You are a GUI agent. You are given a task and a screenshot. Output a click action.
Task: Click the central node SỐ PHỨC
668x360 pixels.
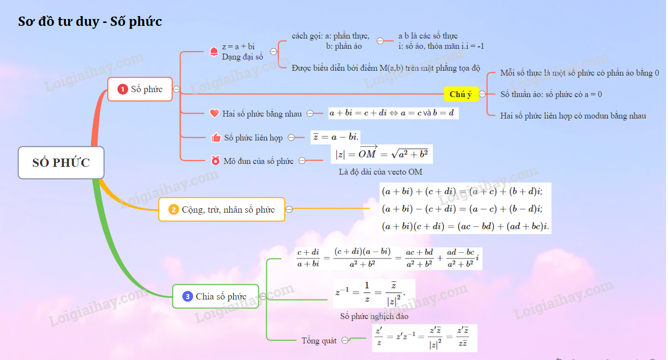61,162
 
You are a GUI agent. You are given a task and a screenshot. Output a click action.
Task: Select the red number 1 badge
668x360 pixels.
122,89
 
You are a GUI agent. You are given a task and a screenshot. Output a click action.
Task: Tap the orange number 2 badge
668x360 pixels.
174,210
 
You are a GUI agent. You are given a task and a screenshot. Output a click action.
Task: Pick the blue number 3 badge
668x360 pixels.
188,296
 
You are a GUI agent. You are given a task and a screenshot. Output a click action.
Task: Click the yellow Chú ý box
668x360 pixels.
461,94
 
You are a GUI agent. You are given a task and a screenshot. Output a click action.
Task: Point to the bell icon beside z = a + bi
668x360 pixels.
214,52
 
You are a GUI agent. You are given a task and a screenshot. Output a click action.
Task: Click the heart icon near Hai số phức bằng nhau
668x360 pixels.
214,113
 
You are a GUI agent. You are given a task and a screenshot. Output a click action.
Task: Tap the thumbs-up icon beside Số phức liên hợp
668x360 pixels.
216,138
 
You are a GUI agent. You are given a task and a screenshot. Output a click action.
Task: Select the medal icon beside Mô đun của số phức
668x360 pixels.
215,160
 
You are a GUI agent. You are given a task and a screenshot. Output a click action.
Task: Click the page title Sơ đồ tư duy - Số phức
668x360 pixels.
90,21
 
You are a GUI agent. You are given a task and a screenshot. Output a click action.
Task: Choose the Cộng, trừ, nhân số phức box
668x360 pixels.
222,210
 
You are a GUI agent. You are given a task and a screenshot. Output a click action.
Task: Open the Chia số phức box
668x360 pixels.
216,296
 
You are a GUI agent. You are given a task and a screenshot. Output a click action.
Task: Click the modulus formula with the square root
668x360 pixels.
381,154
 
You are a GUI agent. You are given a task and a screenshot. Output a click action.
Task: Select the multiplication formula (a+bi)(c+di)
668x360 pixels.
465,226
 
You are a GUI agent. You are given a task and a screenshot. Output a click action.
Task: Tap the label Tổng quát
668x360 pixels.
319,340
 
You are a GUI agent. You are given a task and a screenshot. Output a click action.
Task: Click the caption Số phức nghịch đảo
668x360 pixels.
374,316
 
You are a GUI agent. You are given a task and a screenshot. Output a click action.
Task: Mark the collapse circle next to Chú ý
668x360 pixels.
482,94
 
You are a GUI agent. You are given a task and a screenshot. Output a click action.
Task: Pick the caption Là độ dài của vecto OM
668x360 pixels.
380,172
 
